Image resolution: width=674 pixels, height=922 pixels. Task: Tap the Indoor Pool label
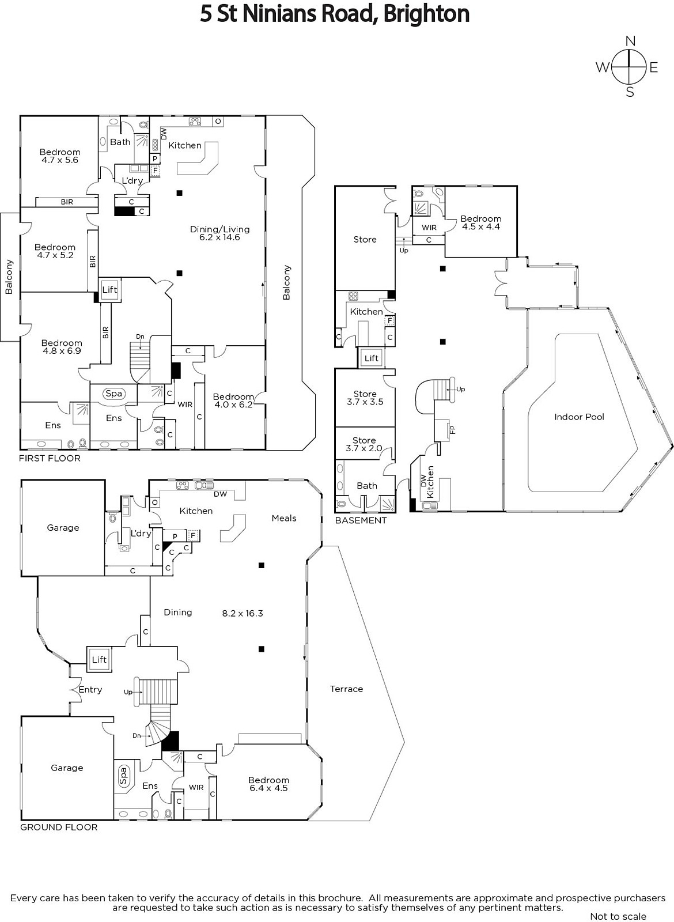point(579,417)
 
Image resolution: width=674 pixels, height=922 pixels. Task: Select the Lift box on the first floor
point(109,290)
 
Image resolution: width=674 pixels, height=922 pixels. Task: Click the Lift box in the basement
point(372,358)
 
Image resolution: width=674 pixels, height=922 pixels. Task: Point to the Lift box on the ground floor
point(99,659)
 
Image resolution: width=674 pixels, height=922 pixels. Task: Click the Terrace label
point(346,689)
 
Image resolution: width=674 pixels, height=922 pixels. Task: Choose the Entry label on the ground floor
point(90,689)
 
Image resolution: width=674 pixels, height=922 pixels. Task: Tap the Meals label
point(283,518)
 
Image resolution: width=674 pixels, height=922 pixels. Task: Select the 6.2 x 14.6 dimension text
point(219,237)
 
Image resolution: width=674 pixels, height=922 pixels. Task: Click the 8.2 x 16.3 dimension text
point(243,613)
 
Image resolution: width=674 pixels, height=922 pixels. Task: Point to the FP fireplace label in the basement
point(452,429)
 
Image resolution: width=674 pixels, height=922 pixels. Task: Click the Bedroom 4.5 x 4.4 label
point(480,222)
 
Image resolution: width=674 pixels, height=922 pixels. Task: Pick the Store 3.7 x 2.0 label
point(364,444)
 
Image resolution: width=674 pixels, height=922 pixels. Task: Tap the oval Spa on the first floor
point(113,393)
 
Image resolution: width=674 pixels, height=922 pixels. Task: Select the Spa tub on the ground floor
point(123,776)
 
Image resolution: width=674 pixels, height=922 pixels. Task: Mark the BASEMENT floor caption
point(361,520)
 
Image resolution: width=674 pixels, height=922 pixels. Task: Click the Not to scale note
point(618,916)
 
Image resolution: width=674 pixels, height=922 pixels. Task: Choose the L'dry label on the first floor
point(132,180)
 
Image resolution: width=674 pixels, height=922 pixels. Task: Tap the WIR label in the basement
point(429,228)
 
